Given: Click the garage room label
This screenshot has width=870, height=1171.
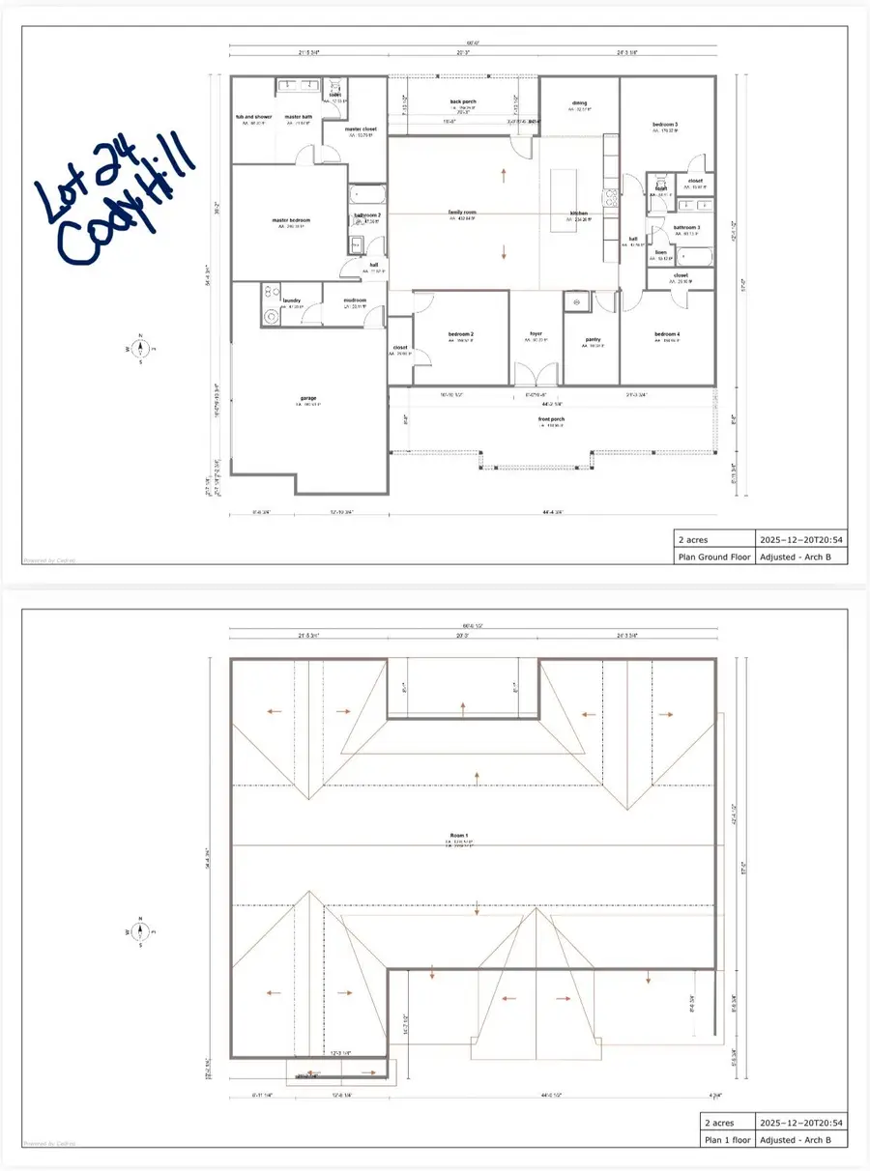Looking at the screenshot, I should point(307,398).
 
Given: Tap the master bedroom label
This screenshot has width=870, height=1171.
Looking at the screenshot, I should point(291,220).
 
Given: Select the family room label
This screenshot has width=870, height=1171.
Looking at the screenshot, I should point(464,212).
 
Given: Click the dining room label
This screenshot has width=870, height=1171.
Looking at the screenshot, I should point(579,103).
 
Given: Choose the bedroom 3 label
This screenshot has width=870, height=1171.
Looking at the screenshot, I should point(664,125).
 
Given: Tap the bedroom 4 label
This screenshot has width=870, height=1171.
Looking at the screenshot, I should point(666,334).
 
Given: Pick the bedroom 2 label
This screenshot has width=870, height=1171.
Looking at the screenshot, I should point(460,334).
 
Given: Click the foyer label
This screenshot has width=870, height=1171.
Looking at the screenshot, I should point(536,334).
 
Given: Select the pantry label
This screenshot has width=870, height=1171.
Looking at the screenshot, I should point(594,339).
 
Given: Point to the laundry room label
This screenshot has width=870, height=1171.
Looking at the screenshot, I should point(291,300).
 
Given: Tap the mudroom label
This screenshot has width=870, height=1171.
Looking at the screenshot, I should point(355,300).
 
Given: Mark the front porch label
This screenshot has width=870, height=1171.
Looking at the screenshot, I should point(552,419).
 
